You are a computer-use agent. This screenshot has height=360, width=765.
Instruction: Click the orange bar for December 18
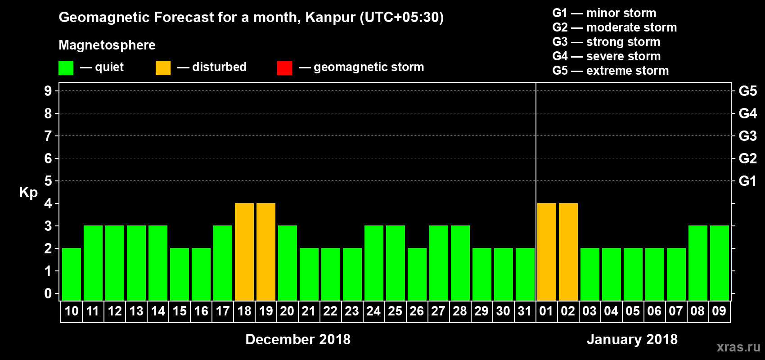pos(244,252)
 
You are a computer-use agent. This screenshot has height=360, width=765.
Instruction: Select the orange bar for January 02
pos(568,252)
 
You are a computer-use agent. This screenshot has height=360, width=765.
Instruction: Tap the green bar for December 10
pos(72,274)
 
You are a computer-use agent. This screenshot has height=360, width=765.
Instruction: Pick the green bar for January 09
pos(720,263)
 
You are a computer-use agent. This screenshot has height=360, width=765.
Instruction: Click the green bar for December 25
pos(396,263)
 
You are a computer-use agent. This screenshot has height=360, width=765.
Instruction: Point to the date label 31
pos(525,311)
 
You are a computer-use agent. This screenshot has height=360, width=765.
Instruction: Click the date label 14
pos(158,311)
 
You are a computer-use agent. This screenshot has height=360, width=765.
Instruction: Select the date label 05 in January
pos(633,311)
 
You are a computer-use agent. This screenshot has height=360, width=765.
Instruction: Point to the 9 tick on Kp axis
pos(48,91)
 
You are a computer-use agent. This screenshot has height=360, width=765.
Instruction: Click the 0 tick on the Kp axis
pos(48,293)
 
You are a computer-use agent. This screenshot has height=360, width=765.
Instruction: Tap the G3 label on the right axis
pos(747,136)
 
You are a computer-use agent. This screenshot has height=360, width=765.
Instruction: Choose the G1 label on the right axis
pos(747,181)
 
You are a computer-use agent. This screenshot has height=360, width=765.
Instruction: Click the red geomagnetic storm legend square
pos(284,68)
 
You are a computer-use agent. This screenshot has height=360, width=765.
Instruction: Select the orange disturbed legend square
pos(163,68)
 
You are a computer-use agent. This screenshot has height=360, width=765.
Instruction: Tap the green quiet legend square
pos(66,68)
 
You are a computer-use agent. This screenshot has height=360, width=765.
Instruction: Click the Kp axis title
pos(28,192)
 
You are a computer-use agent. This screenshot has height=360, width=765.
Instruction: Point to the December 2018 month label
pos(298,339)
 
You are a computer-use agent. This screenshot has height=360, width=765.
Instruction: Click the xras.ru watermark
pos(738,347)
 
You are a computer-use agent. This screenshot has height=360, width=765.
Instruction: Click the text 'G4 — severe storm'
pos(607,56)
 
